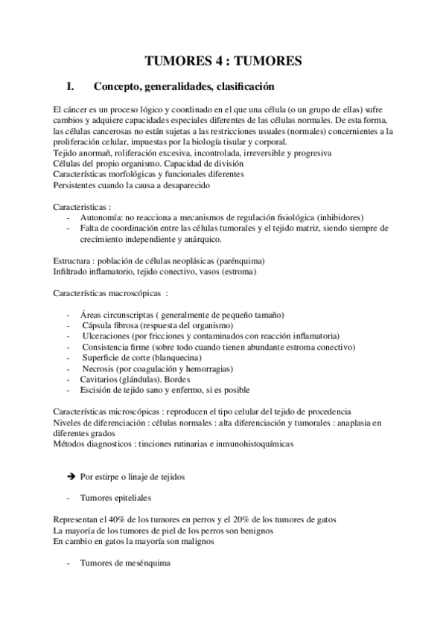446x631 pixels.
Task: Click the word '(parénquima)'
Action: click(x=239, y=262)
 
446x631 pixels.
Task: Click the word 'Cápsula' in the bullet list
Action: click(x=99, y=326)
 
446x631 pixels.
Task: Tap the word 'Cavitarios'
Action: click(x=101, y=379)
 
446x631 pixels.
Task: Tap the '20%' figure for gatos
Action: click(x=267, y=520)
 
